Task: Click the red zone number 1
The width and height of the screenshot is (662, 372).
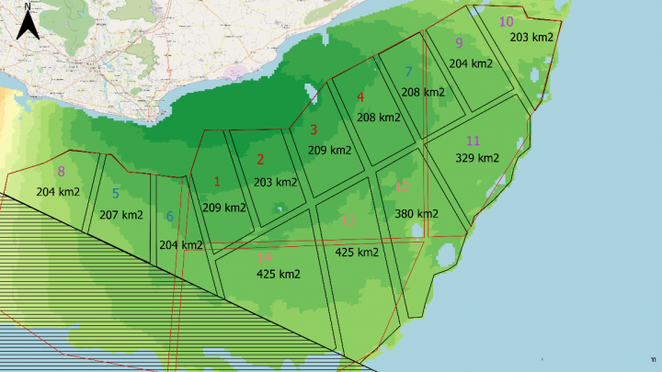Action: (217, 181)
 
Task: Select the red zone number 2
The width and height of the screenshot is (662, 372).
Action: (260, 159)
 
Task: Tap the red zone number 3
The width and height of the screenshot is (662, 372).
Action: (314, 130)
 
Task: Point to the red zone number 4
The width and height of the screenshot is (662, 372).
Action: (360, 97)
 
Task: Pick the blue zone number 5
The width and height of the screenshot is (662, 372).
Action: (115, 194)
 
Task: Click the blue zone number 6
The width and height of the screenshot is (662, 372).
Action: (169, 216)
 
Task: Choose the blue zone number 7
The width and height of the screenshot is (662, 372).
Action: (408, 72)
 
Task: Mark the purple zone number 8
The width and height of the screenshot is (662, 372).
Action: (62, 171)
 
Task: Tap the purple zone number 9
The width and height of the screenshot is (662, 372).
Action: (459, 43)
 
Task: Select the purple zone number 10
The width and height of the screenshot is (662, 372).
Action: (506, 21)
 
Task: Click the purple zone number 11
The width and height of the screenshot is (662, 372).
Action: (474, 141)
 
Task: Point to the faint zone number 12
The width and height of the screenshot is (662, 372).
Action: (402, 187)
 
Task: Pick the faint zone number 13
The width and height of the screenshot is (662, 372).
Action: (348, 220)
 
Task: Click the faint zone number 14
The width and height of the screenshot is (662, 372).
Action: (264, 256)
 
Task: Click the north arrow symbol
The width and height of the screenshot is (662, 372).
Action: (29, 21)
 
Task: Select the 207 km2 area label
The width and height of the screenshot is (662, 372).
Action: (120, 215)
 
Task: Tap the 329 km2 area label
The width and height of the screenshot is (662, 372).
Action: (477, 158)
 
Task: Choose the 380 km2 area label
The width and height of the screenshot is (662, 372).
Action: (417, 214)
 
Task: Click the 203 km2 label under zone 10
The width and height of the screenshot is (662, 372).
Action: (531, 37)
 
